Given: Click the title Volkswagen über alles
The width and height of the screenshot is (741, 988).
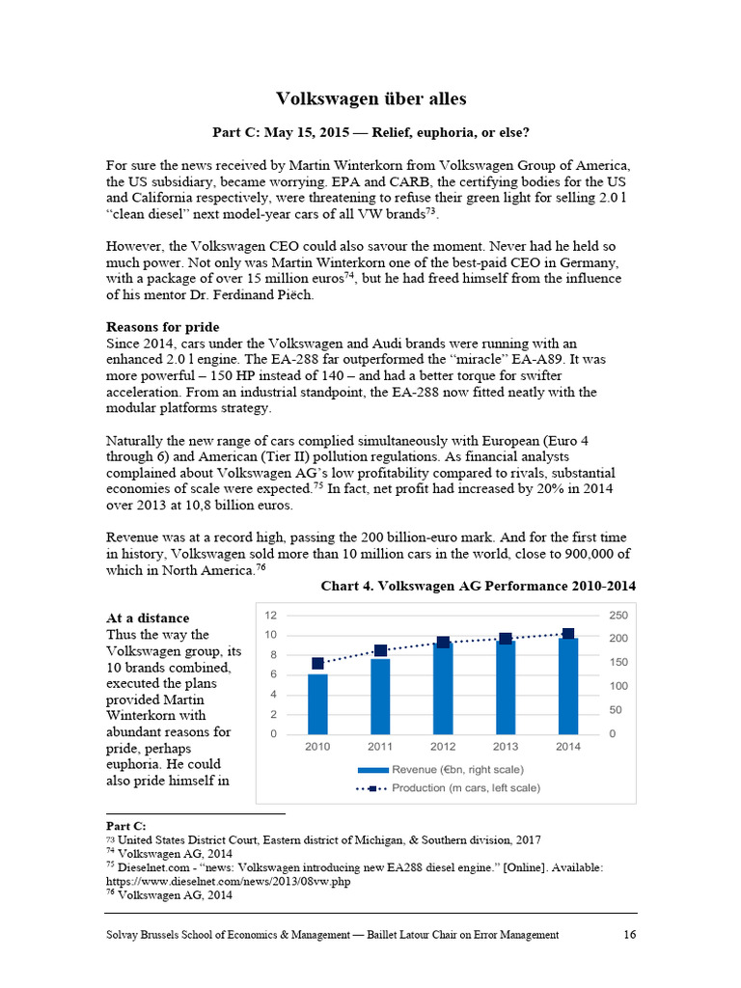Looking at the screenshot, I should pos(370,99).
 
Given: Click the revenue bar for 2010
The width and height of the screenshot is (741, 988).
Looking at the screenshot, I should pos(317,703).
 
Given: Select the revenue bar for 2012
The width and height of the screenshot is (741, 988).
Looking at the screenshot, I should pos(443,688).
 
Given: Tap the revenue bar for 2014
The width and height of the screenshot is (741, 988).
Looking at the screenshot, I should pos(567,685).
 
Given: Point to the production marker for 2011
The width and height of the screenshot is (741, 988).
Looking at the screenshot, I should pos(380,650).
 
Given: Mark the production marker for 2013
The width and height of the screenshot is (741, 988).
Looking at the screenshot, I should pos(505,638).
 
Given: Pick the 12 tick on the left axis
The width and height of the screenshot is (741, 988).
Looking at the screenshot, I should pos(271,615).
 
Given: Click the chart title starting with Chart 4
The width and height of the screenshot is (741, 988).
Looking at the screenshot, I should pos(478,586).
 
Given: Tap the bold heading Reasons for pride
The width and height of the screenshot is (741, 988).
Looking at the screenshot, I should pos(162,327).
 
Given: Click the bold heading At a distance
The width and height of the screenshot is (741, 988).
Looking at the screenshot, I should pos(148,617).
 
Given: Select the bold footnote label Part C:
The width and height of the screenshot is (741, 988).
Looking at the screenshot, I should pos(125,826).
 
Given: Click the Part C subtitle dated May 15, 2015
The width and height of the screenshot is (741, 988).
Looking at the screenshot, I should pos(370,131).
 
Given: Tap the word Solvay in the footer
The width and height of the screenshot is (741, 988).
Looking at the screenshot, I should pos(125,934).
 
